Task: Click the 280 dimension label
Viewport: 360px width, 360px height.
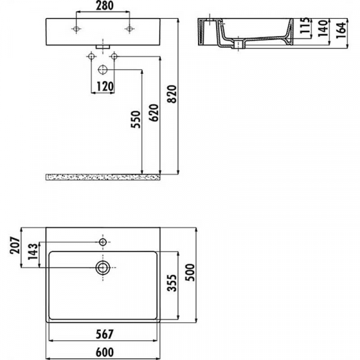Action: coord(104,6)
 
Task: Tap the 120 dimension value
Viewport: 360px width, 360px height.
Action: coord(105,87)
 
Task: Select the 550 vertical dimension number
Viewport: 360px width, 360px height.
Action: coord(136,119)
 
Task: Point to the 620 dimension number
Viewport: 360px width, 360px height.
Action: coord(154,113)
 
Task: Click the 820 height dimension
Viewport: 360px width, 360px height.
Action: coord(172,94)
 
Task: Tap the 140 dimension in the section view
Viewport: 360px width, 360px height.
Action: coord(323,28)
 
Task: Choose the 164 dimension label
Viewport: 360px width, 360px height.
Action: coord(341,31)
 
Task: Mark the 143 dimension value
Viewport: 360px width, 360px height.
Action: coord(33,251)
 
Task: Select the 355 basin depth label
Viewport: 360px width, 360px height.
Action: coord(172,283)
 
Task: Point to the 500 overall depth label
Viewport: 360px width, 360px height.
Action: coord(190,272)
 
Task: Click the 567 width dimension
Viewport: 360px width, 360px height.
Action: coord(104,334)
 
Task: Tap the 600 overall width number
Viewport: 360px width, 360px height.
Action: coord(104,352)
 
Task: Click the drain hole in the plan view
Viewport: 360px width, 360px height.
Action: coord(103,268)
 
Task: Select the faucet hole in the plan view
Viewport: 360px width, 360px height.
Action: coord(103,242)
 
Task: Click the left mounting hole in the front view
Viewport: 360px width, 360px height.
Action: coord(76,29)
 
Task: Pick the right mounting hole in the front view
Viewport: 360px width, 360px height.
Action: coord(130,29)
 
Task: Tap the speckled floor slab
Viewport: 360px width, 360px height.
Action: coord(103,177)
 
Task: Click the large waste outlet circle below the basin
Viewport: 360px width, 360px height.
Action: coord(103,70)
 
